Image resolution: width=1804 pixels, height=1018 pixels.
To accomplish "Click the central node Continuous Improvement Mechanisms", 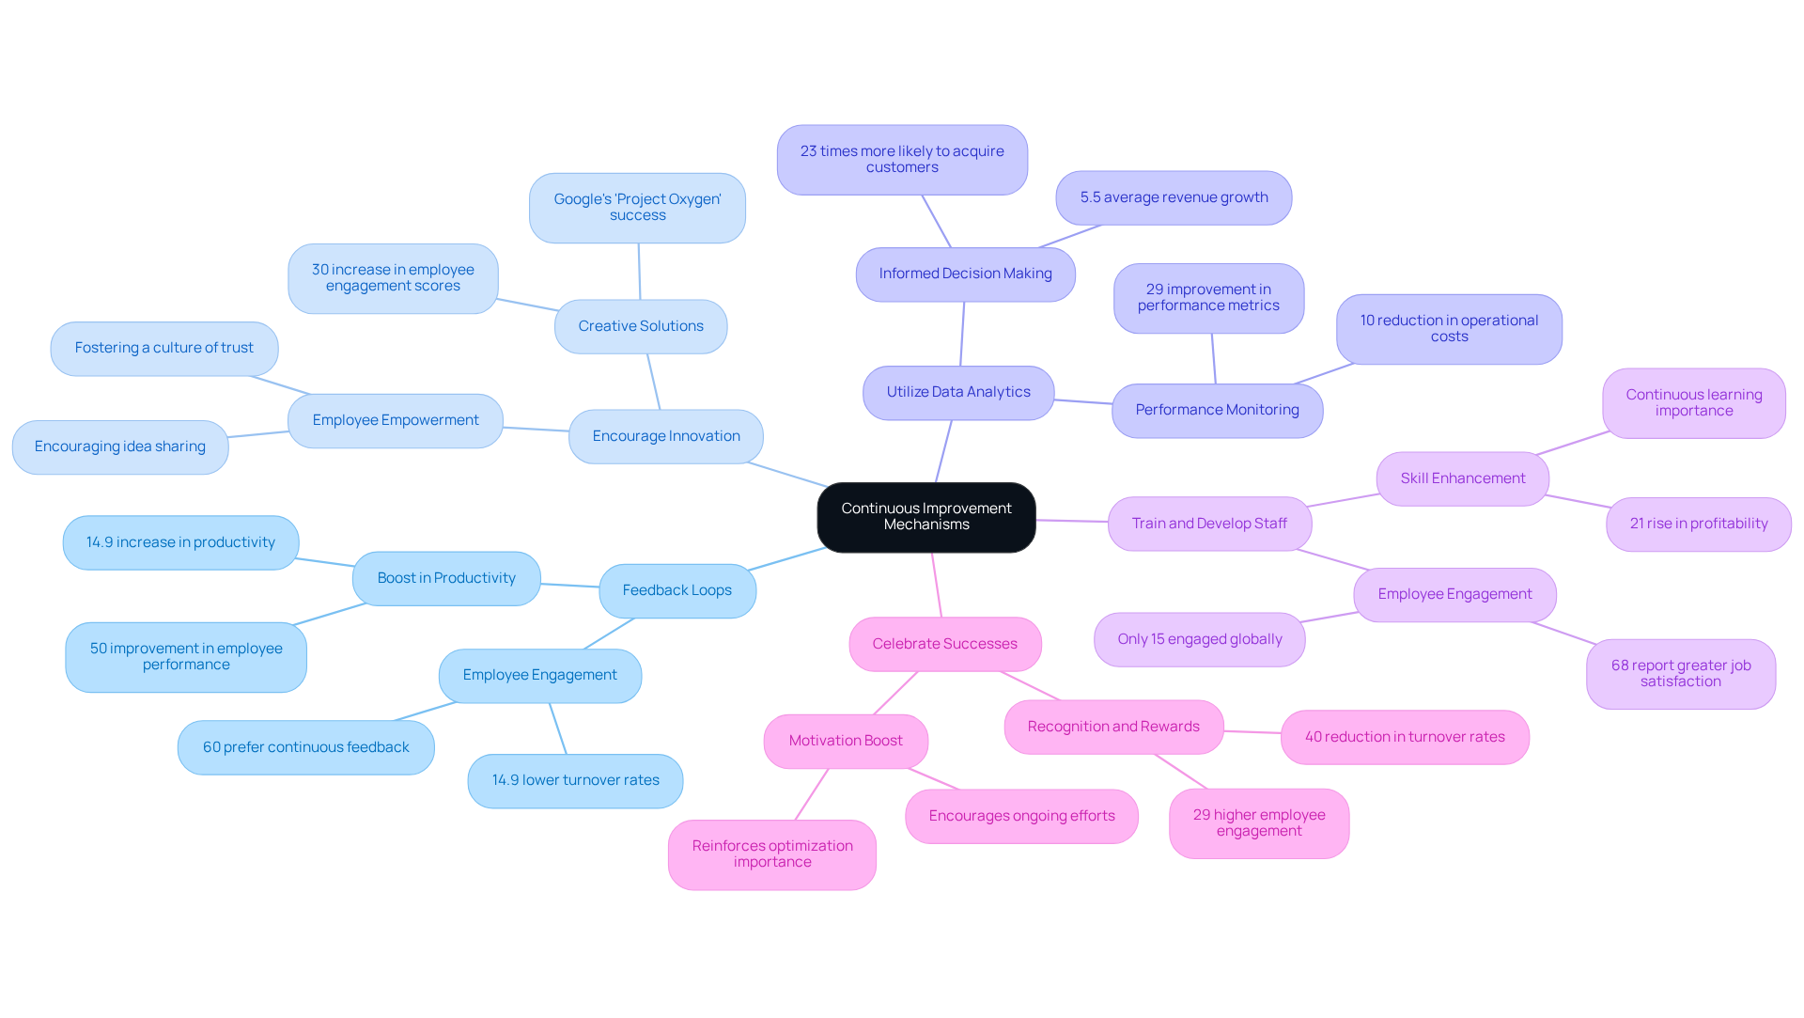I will click(x=925, y=517).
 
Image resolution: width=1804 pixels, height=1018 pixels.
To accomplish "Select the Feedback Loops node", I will click(x=676, y=590).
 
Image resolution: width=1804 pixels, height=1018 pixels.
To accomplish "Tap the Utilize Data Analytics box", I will click(x=957, y=392).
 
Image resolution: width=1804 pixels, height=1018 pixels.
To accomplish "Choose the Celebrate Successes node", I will click(x=944, y=644).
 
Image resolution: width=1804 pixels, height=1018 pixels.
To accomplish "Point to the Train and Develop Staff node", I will click(x=1208, y=524).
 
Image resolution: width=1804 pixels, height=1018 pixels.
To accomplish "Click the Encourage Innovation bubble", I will click(x=665, y=436).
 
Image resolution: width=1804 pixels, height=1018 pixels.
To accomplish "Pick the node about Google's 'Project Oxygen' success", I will click(x=637, y=208).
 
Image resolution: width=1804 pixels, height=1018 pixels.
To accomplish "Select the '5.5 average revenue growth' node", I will click(x=1173, y=197).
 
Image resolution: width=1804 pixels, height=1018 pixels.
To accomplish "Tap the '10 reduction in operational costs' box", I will click(x=1448, y=329).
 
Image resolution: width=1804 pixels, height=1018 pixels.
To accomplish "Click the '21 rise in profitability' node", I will click(x=1698, y=524).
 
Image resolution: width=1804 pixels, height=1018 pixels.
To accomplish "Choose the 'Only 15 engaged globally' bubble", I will click(x=1199, y=639).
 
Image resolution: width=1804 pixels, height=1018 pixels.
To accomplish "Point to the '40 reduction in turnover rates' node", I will click(x=1404, y=737).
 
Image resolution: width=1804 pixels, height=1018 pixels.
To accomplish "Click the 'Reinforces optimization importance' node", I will click(x=771, y=854).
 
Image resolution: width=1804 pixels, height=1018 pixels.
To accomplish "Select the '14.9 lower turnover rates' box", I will click(x=575, y=780).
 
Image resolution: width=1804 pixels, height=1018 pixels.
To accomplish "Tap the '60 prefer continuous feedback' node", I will click(x=305, y=747).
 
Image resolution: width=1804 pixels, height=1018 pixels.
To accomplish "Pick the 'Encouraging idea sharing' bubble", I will click(x=119, y=446).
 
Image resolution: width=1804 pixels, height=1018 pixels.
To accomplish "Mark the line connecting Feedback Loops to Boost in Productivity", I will click(x=569, y=586).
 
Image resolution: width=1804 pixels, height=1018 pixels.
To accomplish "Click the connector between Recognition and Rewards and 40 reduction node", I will click(x=1252, y=731).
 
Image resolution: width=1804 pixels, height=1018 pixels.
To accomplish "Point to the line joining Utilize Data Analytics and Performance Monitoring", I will click(x=1082, y=401).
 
